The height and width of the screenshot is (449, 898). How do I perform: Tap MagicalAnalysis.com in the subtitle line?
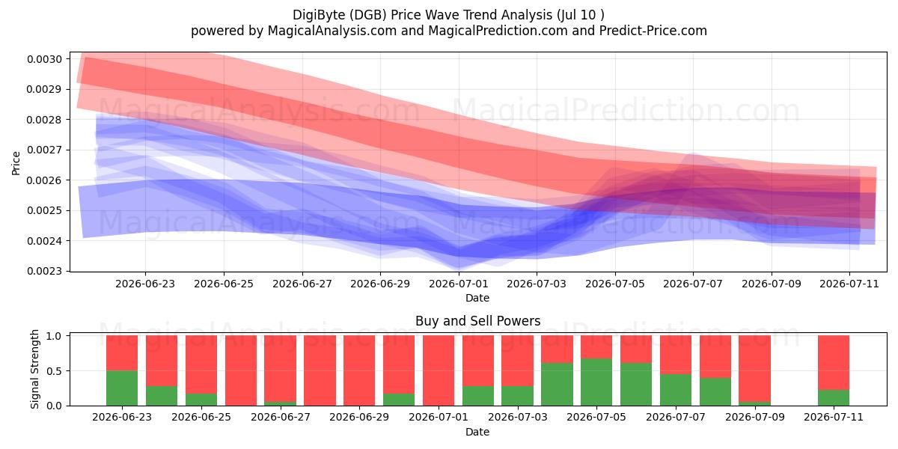tap(332, 31)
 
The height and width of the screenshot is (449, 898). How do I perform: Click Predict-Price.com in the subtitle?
tap(653, 31)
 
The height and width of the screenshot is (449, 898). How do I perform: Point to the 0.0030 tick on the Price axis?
tap(44, 59)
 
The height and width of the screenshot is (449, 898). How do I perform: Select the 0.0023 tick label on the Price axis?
tap(44, 271)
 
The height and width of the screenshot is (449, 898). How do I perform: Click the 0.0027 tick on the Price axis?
tap(44, 150)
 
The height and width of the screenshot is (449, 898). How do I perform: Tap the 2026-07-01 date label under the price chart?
tap(459, 284)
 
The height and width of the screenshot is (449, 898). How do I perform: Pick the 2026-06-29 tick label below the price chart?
tap(380, 284)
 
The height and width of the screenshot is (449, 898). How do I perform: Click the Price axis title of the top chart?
tap(16, 163)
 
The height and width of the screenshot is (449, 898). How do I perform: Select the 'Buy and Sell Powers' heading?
tap(478, 321)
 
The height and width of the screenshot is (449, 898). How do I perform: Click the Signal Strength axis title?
tap(35, 369)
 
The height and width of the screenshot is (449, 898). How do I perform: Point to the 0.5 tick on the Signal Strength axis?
tap(54, 371)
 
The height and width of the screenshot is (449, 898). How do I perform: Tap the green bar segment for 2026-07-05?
tap(596, 382)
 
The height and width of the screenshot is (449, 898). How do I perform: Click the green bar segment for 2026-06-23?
tap(122, 388)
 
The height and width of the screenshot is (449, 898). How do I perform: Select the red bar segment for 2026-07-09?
tap(755, 368)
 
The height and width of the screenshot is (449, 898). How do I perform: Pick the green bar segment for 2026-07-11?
tap(834, 397)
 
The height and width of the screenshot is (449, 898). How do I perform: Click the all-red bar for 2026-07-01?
tap(439, 370)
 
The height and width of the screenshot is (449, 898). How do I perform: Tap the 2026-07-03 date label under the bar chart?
tap(518, 418)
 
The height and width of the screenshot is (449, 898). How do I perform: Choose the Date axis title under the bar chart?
tap(477, 432)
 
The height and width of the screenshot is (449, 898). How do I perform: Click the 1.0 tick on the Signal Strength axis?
tap(54, 336)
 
